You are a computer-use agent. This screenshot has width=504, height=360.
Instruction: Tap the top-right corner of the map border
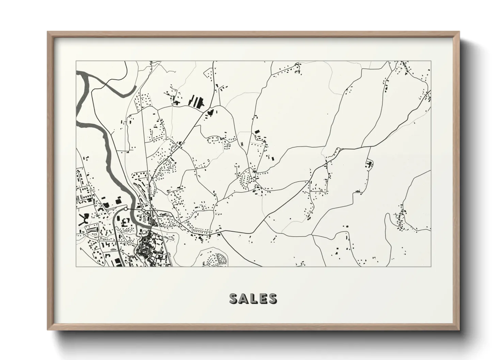[x=431, y=61]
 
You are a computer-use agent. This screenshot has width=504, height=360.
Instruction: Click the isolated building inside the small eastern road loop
[x=369, y=164]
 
